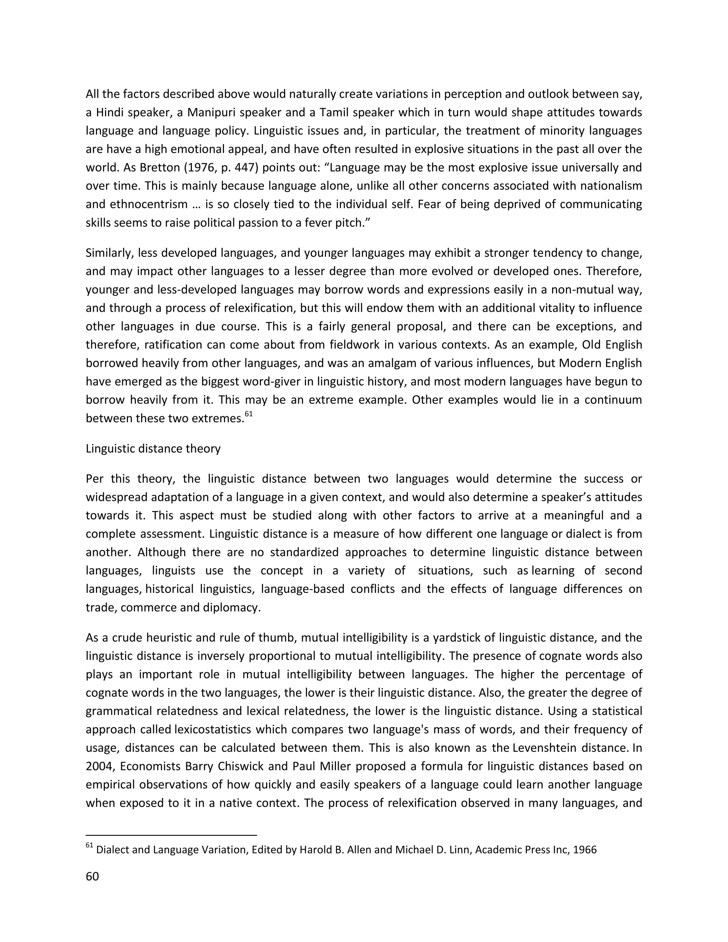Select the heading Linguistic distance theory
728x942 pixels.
pyautogui.click(x=153, y=449)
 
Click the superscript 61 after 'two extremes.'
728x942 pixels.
pyautogui.click(x=248, y=414)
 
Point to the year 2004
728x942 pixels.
pyautogui.click(x=99, y=766)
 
